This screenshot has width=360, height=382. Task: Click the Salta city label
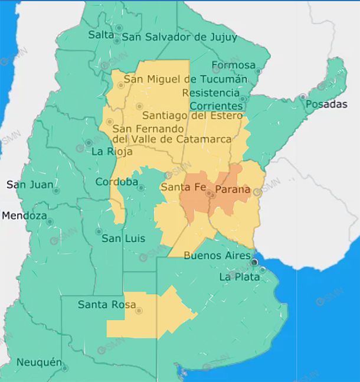(x=101, y=35)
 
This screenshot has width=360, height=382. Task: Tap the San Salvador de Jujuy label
(x=179, y=37)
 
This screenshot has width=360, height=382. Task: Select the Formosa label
(x=234, y=66)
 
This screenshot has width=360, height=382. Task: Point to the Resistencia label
(x=211, y=93)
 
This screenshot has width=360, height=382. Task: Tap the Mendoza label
(x=24, y=216)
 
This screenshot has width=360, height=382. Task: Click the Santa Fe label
(x=182, y=188)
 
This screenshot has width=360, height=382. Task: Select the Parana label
(x=233, y=190)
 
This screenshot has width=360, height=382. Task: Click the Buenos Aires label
(x=213, y=256)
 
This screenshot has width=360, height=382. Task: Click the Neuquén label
(x=39, y=362)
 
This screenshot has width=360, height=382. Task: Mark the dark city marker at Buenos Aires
(x=254, y=262)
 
